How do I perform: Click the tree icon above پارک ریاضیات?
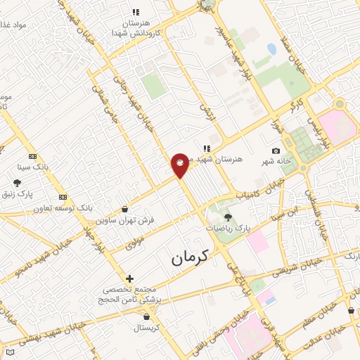[227, 217]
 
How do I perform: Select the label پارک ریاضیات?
[228, 229]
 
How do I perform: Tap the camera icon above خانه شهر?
[276, 151]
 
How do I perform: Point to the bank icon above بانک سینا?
[32, 156]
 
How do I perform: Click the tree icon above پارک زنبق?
[18, 183]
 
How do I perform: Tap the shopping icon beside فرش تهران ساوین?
[125, 209]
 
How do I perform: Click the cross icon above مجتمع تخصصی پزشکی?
[129, 278]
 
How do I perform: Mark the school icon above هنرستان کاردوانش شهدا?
[136, 12]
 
